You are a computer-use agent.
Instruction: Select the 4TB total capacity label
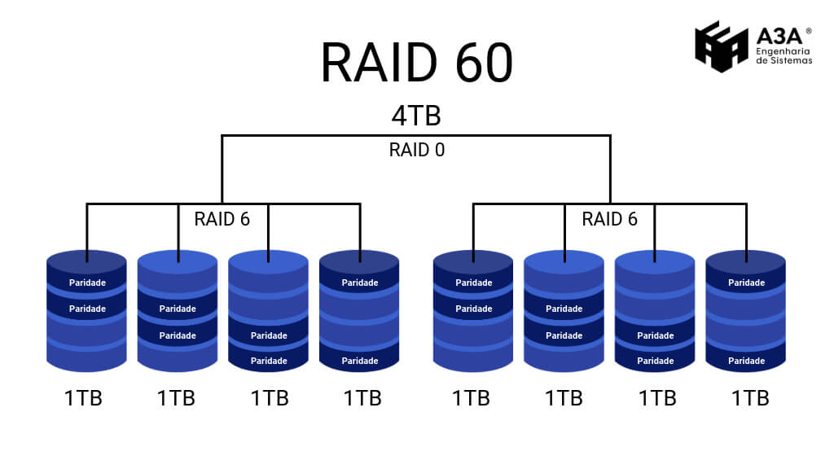click(x=416, y=116)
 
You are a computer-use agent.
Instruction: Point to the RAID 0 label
click(x=417, y=150)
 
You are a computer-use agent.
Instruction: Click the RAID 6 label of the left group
click(x=222, y=219)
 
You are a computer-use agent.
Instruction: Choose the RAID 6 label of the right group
click(x=609, y=219)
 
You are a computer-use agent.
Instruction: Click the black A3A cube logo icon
click(x=721, y=46)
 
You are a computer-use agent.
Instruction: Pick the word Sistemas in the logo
click(x=792, y=60)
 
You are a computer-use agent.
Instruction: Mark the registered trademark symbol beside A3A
click(x=808, y=31)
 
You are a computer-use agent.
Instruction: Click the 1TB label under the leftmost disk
click(x=84, y=398)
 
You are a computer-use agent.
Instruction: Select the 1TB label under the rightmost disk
click(x=750, y=398)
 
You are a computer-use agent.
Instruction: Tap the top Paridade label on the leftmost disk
click(x=87, y=283)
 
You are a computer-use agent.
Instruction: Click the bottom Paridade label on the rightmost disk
click(x=746, y=361)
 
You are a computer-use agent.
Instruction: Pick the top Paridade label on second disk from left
click(x=178, y=309)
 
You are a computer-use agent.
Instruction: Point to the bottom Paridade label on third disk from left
click(x=269, y=361)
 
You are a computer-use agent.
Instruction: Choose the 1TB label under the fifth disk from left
click(x=471, y=398)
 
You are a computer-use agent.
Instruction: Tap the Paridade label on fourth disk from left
click(x=359, y=283)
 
